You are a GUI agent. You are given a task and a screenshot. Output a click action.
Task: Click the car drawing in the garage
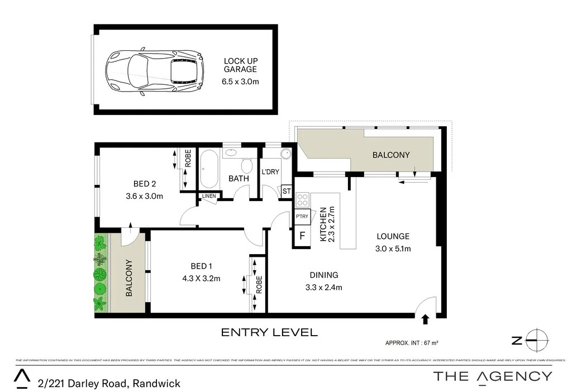(154, 72)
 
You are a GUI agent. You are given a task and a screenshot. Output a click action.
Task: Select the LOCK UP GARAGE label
(240, 65)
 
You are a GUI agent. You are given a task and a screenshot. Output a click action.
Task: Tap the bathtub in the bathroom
(210, 169)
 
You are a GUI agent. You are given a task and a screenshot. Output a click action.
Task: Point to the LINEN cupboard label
(209, 196)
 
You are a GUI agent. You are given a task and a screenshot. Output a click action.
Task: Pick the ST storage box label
(287, 192)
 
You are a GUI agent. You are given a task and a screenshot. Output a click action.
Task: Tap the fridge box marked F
(302, 236)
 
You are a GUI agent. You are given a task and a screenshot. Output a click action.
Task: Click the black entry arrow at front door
(425, 319)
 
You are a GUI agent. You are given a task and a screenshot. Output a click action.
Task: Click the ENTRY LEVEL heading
(269, 333)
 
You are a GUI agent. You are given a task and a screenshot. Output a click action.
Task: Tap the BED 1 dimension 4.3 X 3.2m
(202, 278)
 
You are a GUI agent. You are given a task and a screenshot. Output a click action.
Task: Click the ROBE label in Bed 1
(259, 284)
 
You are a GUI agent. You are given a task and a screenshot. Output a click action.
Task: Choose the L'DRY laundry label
(270, 172)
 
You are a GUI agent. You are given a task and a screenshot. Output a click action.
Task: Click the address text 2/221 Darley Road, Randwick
(109, 383)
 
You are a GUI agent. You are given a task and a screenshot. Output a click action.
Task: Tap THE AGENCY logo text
(493, 376)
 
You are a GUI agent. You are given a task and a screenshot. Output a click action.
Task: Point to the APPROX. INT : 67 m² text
(414, 343)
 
